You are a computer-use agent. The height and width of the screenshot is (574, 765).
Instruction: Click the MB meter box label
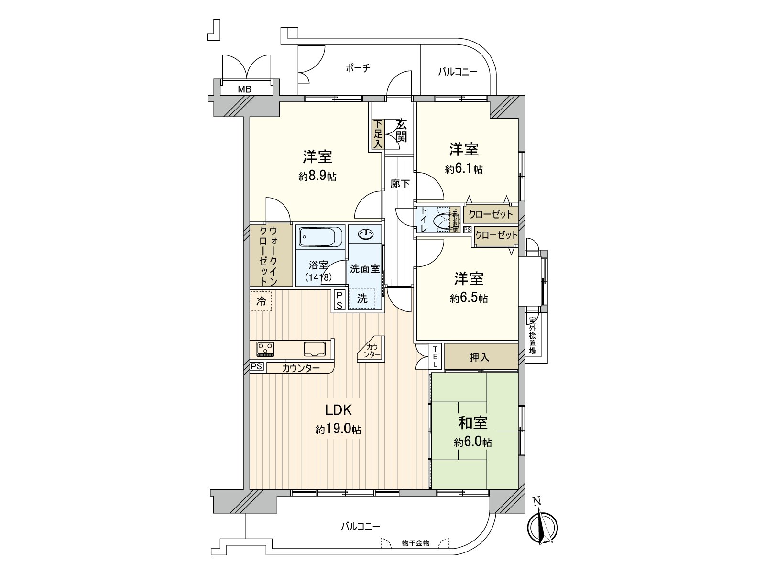(x=245, y=89)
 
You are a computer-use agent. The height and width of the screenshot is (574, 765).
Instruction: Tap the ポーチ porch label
(x=358, y=68)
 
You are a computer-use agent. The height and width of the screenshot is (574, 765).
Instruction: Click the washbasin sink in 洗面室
(x=365, y=234)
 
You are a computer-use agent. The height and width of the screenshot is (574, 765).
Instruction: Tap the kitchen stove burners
(x=265, y=349)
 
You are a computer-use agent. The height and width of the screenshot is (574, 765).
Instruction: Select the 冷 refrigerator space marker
(x=261, y=301)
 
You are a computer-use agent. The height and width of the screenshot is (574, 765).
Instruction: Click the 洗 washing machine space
(x=362, y=299)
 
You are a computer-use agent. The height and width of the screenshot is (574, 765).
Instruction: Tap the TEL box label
(x=435, y=356)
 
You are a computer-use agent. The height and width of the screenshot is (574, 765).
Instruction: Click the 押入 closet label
(x=480, y=357)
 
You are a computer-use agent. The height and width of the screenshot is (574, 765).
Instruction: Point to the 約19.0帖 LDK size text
(x=338, y=430)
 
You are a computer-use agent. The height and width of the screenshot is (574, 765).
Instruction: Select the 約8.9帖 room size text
(x=317, y=176)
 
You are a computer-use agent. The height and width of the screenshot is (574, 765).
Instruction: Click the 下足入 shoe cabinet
(x=378, y=134)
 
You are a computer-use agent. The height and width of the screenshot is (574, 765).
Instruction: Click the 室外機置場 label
(x=532, y=336)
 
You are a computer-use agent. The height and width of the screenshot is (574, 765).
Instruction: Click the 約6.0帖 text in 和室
(x=472, y=442)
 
